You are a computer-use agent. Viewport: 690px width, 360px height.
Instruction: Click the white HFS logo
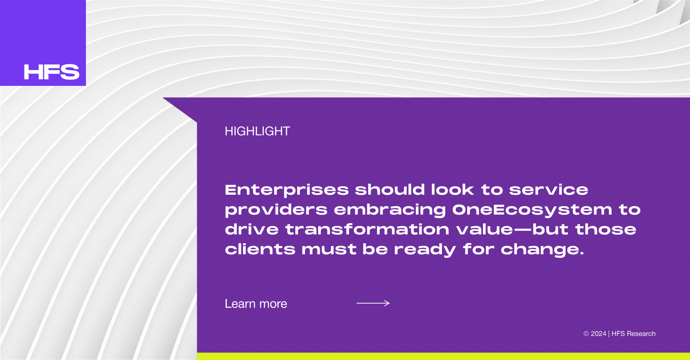tap(52, 72)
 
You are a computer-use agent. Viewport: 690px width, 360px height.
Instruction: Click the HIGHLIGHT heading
tap(257, 131)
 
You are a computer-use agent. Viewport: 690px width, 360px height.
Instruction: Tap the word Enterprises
tap(287, 190)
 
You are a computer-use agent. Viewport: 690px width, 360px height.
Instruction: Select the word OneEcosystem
tap(532, 210)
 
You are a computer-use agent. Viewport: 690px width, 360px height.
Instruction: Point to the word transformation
tap(367, 230)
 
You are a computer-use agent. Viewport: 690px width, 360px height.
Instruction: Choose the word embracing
tap(390, 210)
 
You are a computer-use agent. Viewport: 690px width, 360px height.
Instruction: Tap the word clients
tap(260, 249)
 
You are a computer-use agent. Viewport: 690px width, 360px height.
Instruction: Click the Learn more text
tap(256, 304)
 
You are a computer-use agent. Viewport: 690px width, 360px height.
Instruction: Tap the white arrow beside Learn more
tap(373, 303)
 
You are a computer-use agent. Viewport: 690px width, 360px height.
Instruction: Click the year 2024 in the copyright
tap(598, 334)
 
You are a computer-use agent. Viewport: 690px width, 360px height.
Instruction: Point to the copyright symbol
tap(586, 334)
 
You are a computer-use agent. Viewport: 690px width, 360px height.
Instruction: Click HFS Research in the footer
tap(634, 334)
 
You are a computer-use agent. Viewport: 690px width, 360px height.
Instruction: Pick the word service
tap(548, 190)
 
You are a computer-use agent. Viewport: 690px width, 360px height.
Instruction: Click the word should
tap(390, 190)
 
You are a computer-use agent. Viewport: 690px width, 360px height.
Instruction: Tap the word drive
tap(252, 230)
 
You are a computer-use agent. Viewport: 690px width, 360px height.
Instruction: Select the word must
tap(329, 249)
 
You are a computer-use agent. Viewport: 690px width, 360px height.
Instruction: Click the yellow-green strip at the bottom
tap(443, 356)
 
